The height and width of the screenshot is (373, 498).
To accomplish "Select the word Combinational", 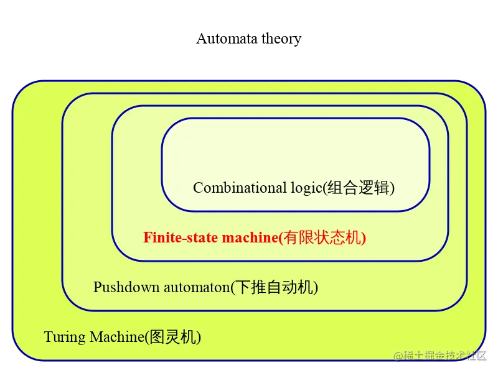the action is (240, 187).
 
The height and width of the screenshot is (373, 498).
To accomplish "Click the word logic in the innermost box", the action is (306, 188).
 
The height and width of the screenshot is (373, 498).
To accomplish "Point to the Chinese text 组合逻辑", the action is (359, 188).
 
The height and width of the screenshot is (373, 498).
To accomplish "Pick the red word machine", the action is (250, 237).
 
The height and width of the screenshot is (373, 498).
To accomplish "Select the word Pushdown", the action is (126, 287).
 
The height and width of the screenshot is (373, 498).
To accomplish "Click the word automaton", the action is (197, 288).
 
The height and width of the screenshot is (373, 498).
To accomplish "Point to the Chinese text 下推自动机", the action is (274, 287).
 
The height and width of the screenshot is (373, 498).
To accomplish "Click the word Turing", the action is (65, 337).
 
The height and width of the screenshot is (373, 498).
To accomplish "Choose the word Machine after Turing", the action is (117, 337).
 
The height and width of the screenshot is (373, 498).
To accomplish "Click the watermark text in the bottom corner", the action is (440, 356).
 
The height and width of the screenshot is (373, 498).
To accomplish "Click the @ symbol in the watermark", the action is (398, 356).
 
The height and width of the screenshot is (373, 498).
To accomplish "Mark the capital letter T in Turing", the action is (49, 337).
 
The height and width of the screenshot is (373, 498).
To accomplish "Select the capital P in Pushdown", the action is (97, 287).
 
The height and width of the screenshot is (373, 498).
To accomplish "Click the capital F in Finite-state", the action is (148, 237).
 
